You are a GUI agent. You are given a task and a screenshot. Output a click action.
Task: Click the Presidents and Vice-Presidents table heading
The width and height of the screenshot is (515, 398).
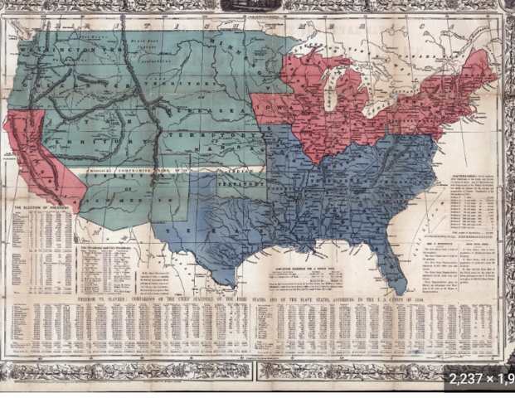pos(108,246)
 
